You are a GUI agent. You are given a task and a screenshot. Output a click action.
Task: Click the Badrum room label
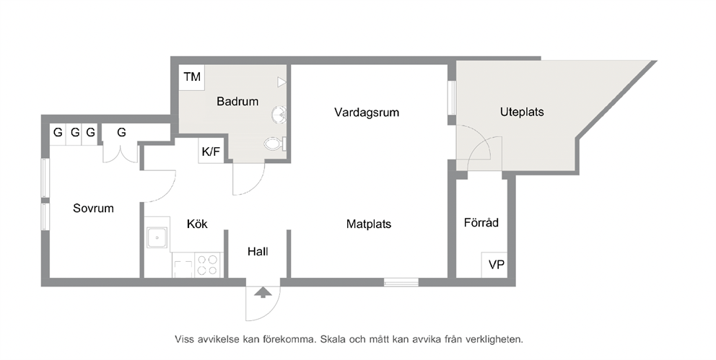click(237, 101)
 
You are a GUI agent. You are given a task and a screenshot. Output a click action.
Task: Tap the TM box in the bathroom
click(192, 76)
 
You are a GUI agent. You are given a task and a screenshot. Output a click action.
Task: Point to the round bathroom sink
click(279, 114)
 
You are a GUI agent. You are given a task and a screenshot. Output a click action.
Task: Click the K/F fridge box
click(211, 152)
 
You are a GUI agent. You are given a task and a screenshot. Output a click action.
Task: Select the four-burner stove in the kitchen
click(208, 265)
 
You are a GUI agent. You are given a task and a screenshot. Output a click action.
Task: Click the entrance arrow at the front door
click(262, 292)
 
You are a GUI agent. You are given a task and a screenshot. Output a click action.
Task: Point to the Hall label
click(258, 251)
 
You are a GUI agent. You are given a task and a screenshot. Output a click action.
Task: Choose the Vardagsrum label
click(367, 113)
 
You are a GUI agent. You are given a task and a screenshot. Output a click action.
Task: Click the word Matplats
click(369, 224)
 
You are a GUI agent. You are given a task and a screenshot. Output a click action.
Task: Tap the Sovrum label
click(93, 208)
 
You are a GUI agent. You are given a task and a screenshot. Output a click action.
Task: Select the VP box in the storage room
click(495, 265)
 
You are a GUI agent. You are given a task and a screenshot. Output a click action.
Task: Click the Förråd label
click(481, 223)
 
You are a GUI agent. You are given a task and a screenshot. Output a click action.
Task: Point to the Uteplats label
click(522, 113)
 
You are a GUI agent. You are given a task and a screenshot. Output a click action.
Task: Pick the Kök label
click(197, 224)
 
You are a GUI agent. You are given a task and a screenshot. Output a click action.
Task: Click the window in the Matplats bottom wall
click(401, 282)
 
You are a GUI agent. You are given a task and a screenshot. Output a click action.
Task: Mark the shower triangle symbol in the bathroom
click(281, 82)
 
